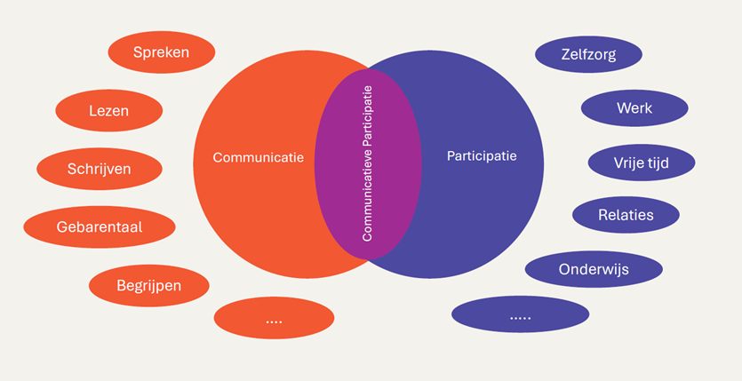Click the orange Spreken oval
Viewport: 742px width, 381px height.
coord(161,52)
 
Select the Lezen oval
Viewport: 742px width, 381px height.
coord(108,111)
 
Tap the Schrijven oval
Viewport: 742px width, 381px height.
coord(100,169)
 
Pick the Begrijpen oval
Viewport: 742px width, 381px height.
coord(149,286)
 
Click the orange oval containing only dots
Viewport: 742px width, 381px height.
coord(274,318)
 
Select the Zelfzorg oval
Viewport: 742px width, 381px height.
coord(588,54)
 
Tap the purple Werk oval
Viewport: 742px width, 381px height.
coord(634,108)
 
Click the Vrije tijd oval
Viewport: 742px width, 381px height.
coord(642,163)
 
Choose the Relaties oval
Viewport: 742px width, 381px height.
coord(626,215)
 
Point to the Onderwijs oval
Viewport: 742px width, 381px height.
coord(594,269)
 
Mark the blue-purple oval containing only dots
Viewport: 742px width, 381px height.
coord(520,314)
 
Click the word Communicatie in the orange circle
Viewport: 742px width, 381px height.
coord(259,158)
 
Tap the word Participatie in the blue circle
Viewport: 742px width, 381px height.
coord(481,156)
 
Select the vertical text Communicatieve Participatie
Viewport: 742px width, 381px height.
coord(368,164)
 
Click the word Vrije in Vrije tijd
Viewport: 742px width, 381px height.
coord(627,163)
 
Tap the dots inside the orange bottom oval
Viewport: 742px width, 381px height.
coord(274,321)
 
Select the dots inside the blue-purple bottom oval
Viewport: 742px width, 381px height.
coord(520,317)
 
